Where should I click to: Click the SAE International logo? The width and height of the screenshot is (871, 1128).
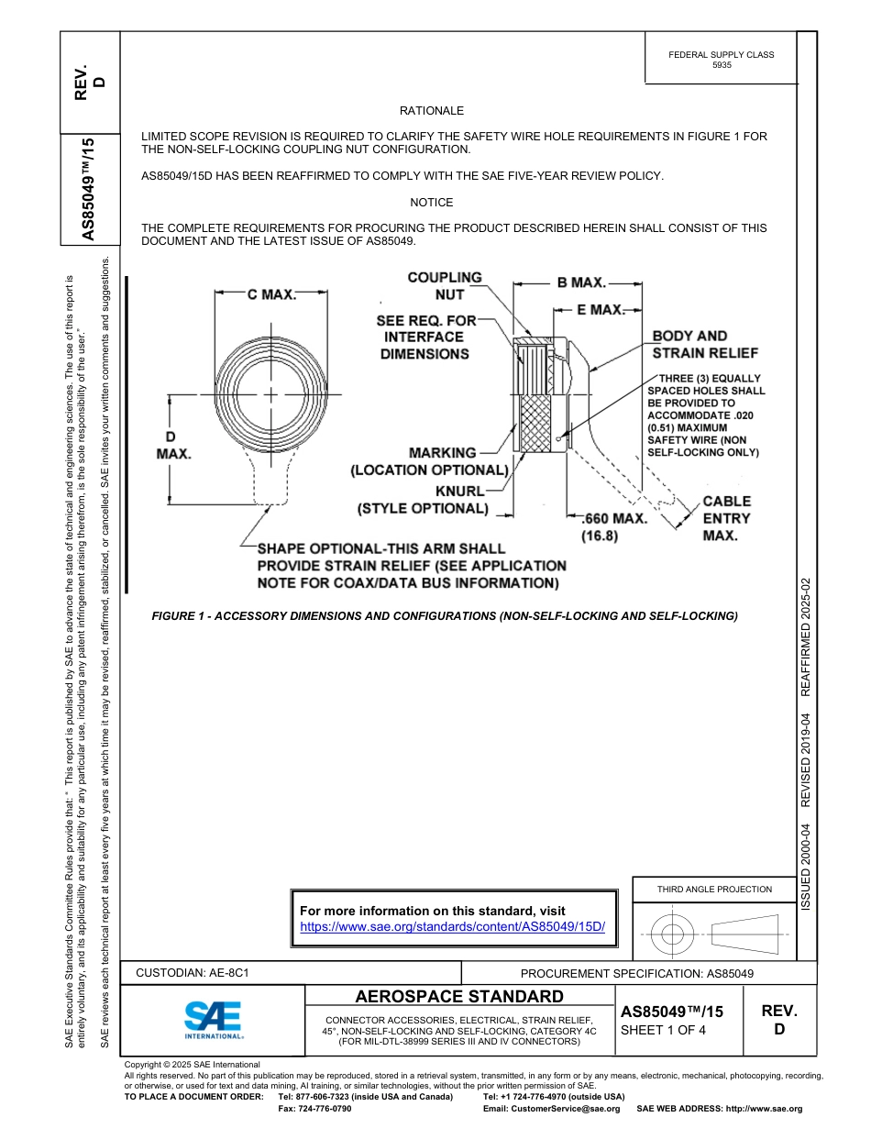214,1019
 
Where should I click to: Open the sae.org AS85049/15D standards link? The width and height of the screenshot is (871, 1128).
453,927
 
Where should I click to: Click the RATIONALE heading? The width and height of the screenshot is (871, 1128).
432,111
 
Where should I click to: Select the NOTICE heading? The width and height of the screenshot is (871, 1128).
432,203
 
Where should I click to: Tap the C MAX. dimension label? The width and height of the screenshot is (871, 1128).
271,294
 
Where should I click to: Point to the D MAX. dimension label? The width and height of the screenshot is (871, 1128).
173,445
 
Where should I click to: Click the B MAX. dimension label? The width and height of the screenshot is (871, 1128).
581,282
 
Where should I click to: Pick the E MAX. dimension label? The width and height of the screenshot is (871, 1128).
601,310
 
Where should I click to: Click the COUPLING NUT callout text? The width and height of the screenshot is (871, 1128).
445,285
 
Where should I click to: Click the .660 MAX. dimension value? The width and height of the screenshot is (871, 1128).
615,518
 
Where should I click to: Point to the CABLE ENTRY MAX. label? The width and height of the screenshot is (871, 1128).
726,518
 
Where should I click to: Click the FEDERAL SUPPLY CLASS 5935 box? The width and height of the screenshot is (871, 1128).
721,60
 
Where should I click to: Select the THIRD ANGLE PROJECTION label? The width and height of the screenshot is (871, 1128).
714,889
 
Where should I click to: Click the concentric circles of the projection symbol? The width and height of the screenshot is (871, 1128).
673,934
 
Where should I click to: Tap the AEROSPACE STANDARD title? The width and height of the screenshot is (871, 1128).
459,997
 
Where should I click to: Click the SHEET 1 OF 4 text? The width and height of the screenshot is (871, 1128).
663,1029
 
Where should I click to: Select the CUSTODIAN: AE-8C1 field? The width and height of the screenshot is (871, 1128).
193,972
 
